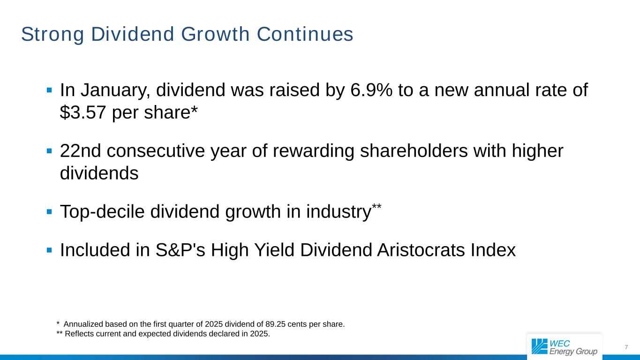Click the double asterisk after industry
tap(376, 207)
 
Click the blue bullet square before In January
tap(49, 90)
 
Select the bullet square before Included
tap(49, 250)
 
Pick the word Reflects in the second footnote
tap(78, 334)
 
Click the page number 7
tap(626, 347)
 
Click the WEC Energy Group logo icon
tap(539, 346)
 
